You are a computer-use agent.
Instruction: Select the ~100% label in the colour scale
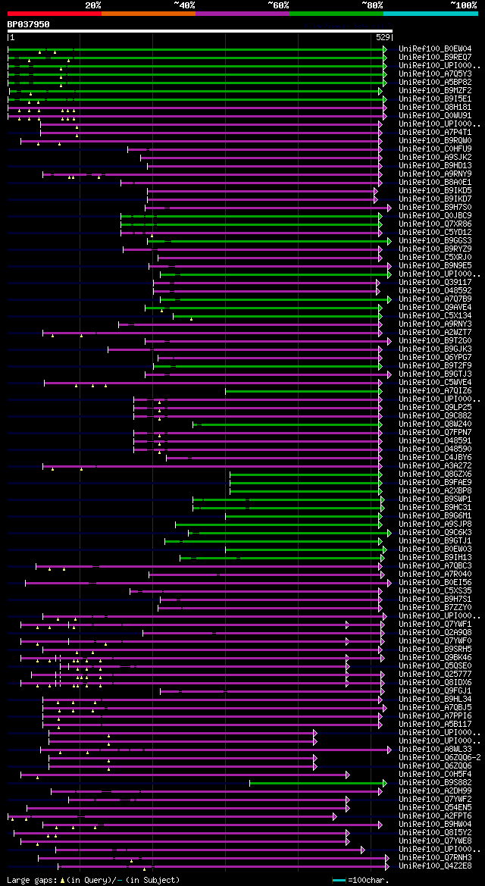coord(463,5)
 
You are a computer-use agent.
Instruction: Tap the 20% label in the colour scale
coord(93,5)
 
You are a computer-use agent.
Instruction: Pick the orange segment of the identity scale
coord(148,14)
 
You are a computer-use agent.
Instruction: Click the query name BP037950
coord(28,24)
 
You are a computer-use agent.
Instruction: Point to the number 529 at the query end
coord(383,36)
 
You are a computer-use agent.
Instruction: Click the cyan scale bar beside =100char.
coord(339,880)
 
